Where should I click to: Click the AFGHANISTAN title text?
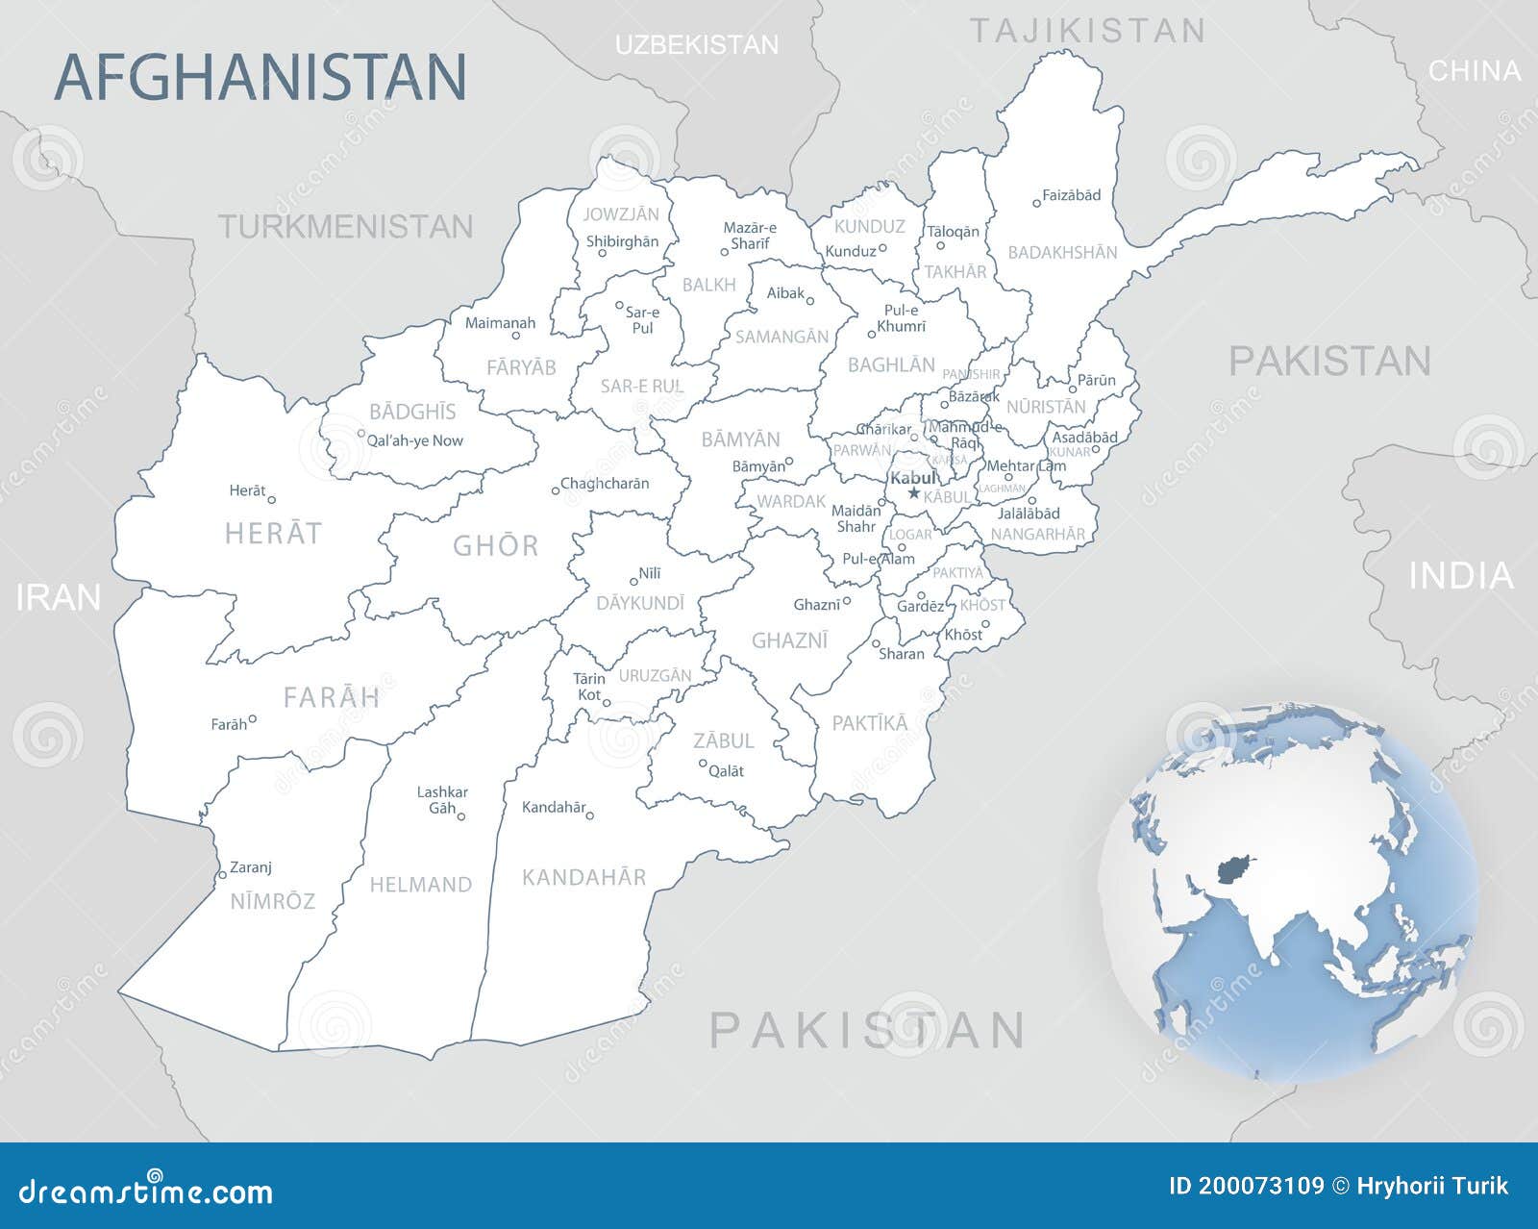click(x=260, y=77)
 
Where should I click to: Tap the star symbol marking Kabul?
click(x=914, y=493)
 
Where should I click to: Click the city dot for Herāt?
click(x=272, y=499)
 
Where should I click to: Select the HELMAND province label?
click(x=421, y=884)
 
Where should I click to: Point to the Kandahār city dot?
click(x=590, y=815)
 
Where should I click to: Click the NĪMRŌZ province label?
click(x=272, y=901)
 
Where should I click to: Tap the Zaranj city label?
click(x=251, y=866)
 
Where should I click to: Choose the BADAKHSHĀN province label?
click(x=1062, y=252)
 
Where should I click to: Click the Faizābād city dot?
click(x=1036, y=203)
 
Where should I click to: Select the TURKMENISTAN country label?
click(x=346, y=227)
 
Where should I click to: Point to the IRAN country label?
click(x=59, y=597)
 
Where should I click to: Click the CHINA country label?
click(x=1475, y=70)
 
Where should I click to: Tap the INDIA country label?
click(x=1461, y=575)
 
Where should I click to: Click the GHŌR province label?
click(x=496, y=545)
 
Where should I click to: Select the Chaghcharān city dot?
click(x=556, y=491)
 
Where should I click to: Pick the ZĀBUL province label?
click(x=724, y=740)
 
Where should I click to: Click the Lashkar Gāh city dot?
click(x=461, y=816)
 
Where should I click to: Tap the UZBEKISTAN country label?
click(x=697, y=44)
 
